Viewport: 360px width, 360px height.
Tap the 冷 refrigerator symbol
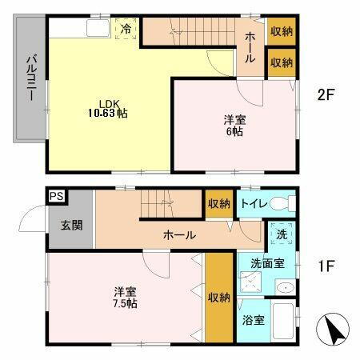126,29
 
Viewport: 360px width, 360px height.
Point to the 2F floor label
325,94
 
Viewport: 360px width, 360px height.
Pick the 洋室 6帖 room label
234,126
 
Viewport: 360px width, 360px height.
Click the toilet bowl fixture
279,203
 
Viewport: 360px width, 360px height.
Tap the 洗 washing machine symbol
282,234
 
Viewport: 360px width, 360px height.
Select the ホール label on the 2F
250,44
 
